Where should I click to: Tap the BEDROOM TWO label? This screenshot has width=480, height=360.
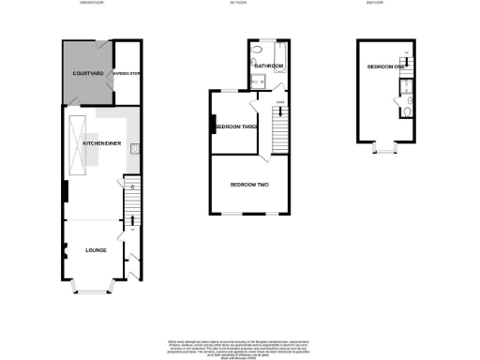tap(249, 185)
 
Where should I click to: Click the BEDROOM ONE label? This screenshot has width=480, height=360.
tap(384, 67)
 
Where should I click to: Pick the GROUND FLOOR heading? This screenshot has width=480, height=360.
tap(92, 4)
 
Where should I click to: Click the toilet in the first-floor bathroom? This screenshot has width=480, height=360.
tap(260, 81)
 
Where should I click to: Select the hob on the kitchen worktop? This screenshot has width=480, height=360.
tap(135, 147)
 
